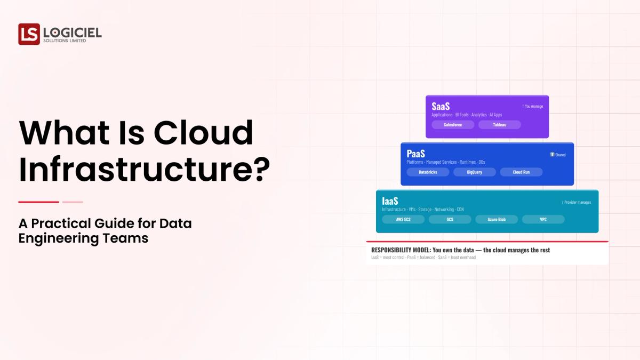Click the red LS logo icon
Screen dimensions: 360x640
(x=29, y=34)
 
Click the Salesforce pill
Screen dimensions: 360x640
(x=453, y=125)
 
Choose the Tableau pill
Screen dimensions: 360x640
(x=500, y=125)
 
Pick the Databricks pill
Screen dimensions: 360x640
(x=428, y=172)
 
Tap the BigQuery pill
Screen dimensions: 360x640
(x=475, y=172)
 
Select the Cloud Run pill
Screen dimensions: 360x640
(x=521, y=172)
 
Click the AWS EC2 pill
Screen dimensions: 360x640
(x=403, y=219)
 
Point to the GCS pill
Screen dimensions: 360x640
(x=450, y=219)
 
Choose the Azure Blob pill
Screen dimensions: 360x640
(x=497, y=219)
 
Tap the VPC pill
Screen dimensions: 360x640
(x=543, y=219)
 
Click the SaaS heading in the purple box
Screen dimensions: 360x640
(x=441, y=106)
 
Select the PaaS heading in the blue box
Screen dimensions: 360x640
(x=415, y=154)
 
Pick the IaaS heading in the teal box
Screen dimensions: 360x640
(x=390, y=201)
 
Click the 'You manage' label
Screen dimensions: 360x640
(x=532, y=106)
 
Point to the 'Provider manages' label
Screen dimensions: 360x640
(x=577, y=202)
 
